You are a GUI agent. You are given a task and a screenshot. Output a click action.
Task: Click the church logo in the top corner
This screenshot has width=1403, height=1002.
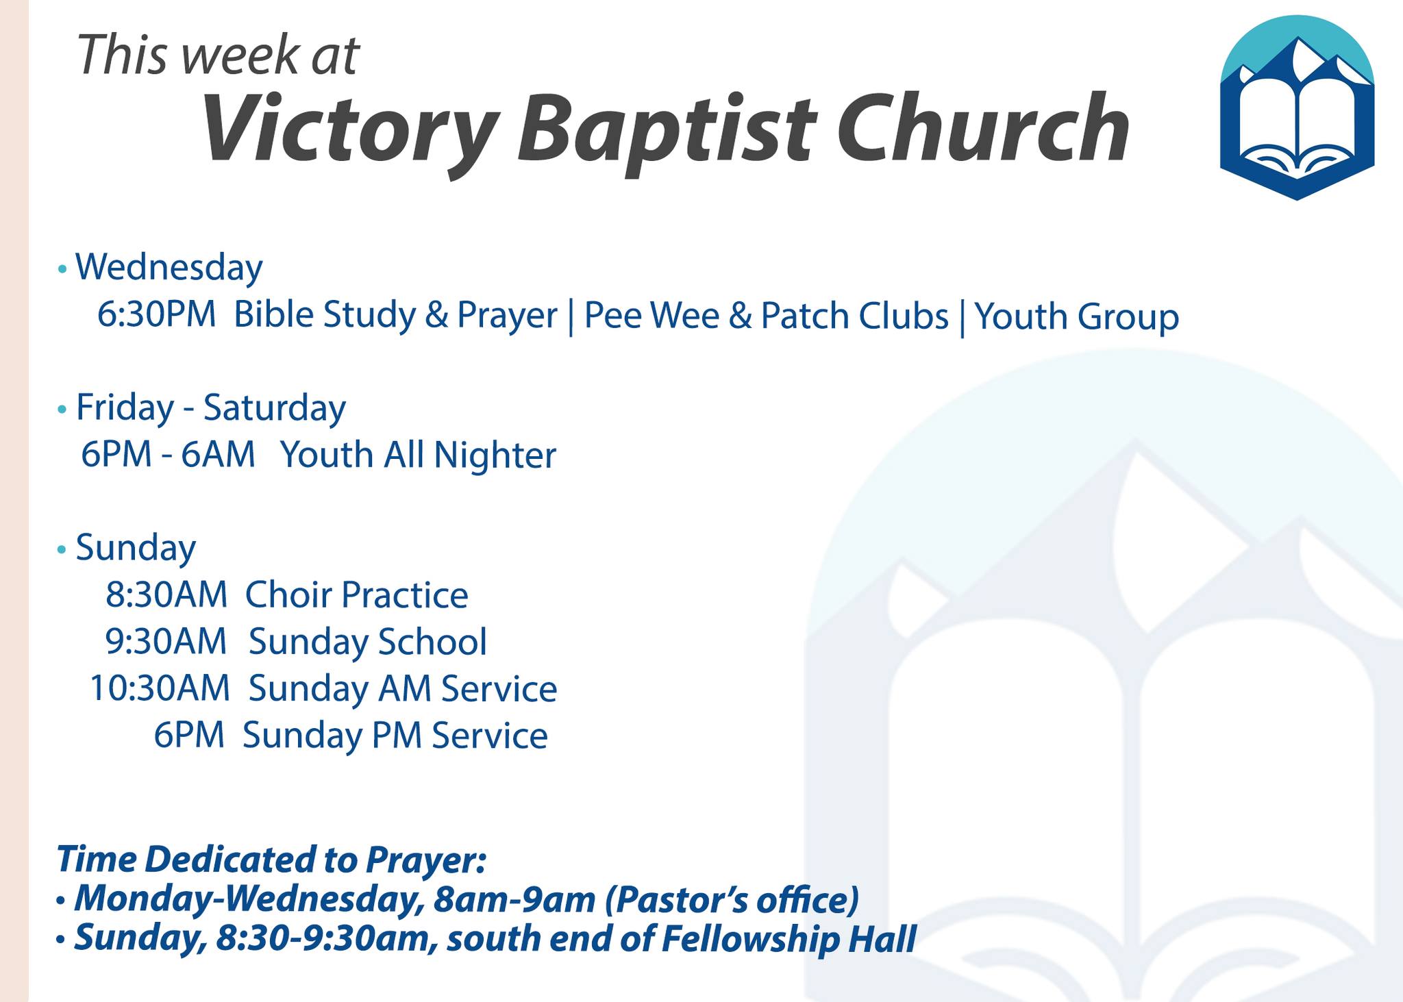click(1297, 108)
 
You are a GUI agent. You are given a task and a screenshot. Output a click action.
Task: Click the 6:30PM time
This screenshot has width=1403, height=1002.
click(157, 315)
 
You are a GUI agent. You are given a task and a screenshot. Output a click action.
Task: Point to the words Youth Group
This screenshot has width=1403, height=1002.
click(1077, 316)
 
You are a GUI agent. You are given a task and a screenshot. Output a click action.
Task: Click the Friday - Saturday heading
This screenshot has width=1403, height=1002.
click(210, 408)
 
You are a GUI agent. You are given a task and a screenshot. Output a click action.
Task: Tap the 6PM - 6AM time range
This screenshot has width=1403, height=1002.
click(168, 455)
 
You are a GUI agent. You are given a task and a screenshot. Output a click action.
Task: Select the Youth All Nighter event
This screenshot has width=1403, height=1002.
click(418, 455)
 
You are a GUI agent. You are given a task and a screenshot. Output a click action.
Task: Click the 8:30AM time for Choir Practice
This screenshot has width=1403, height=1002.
click(166, 594)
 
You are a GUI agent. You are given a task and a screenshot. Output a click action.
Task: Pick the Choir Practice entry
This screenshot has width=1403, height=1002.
click(357, 594)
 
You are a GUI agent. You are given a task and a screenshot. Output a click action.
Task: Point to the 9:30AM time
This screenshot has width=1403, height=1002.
click(166, 642)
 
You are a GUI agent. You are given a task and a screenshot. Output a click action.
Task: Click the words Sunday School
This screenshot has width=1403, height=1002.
click(368, 642)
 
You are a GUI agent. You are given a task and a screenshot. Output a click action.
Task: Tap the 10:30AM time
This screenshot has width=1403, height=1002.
click(160, 688)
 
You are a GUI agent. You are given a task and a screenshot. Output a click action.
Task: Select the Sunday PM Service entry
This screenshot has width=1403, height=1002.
click(395, 736)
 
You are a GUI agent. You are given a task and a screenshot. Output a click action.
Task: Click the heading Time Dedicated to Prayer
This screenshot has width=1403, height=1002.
click(271, 859)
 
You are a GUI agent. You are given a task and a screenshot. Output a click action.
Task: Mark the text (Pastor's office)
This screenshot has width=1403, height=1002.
click(732, 900)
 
